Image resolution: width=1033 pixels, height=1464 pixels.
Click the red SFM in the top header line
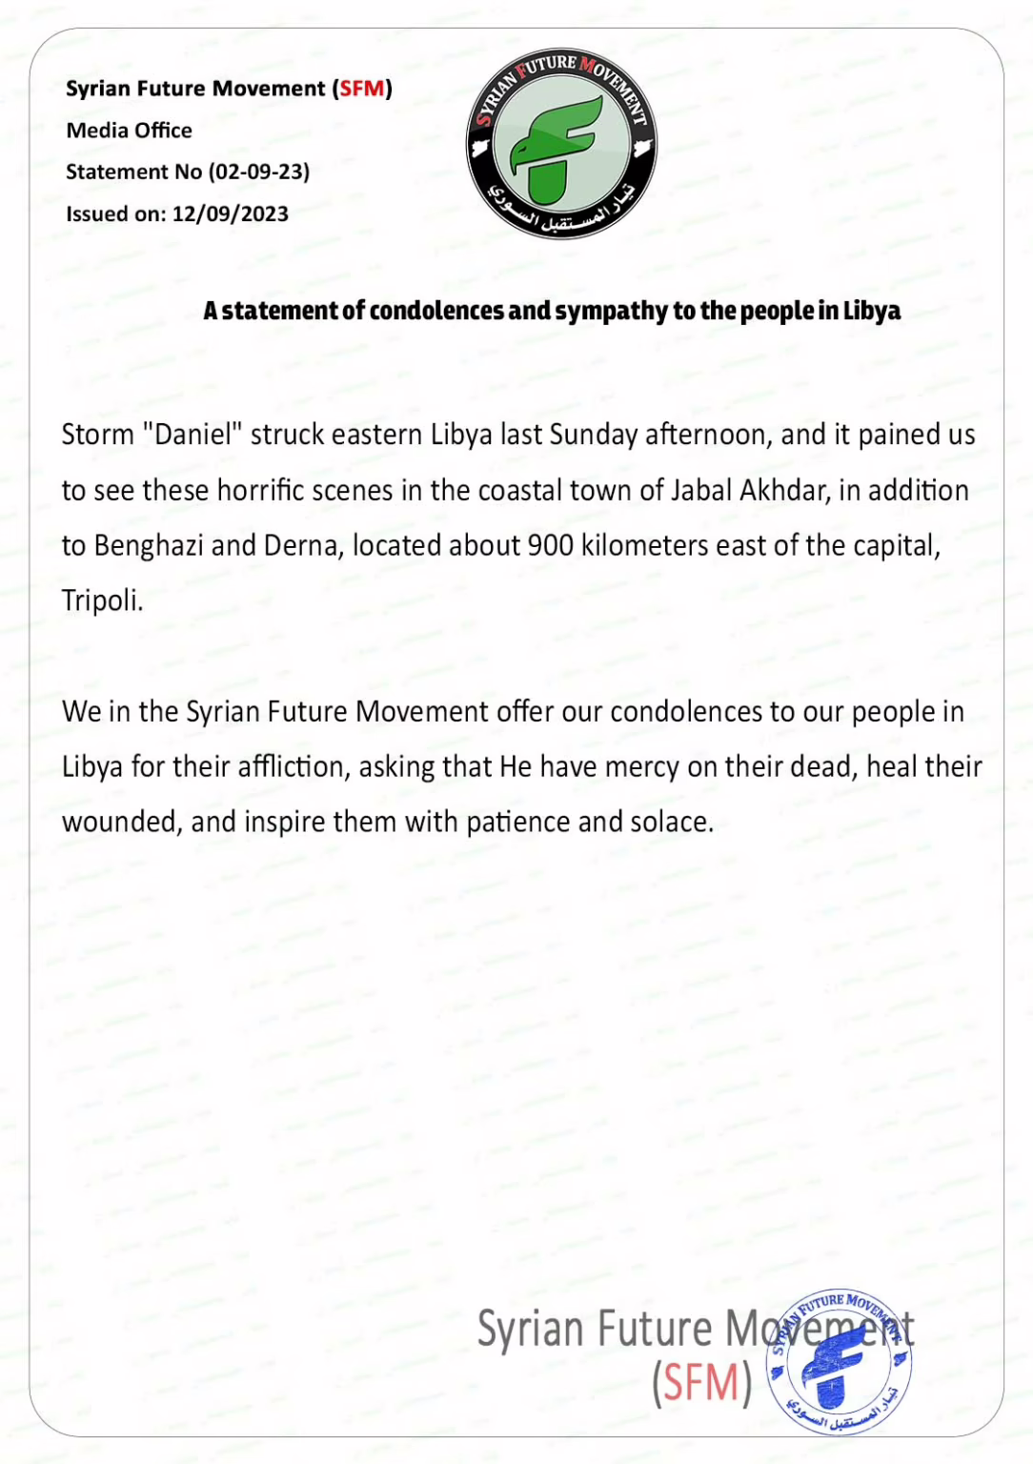363,89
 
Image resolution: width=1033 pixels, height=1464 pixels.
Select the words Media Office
129,131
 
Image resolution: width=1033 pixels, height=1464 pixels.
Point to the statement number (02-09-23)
259,173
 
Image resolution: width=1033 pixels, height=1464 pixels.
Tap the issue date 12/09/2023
231,214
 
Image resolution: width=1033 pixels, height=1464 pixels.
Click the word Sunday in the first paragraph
594,436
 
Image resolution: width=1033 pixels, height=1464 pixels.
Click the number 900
550,546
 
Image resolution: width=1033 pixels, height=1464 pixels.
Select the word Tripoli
102,601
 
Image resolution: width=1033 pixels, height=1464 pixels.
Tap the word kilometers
645,546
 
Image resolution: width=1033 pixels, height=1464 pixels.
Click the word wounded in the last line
122,823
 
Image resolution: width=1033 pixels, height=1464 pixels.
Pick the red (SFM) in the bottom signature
702,1383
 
